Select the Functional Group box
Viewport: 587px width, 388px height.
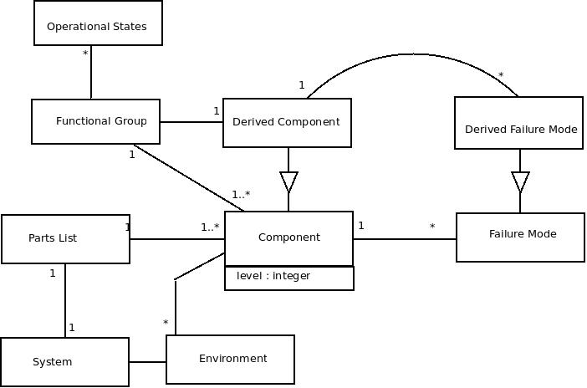[x=95, y=121]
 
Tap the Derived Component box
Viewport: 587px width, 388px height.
[x=287, y=123]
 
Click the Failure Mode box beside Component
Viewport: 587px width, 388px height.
[x=520, y=237]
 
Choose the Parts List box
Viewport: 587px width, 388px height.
[x=65, y=239]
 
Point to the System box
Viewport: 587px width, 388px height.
[x=64, y=362]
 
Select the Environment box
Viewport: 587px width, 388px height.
[x=230, y=360]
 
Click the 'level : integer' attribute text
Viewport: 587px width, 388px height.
[x=273, y=276]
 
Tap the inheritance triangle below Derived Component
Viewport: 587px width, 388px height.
[x=288, y=181]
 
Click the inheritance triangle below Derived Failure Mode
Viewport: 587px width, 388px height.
[x=520, y=181]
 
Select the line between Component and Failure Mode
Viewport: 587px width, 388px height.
[x=405, y=239]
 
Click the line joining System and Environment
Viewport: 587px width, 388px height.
[x=148, y=362]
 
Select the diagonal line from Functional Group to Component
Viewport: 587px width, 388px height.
[x=188, y=177]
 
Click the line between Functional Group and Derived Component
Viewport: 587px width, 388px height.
[x=191, y=122]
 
